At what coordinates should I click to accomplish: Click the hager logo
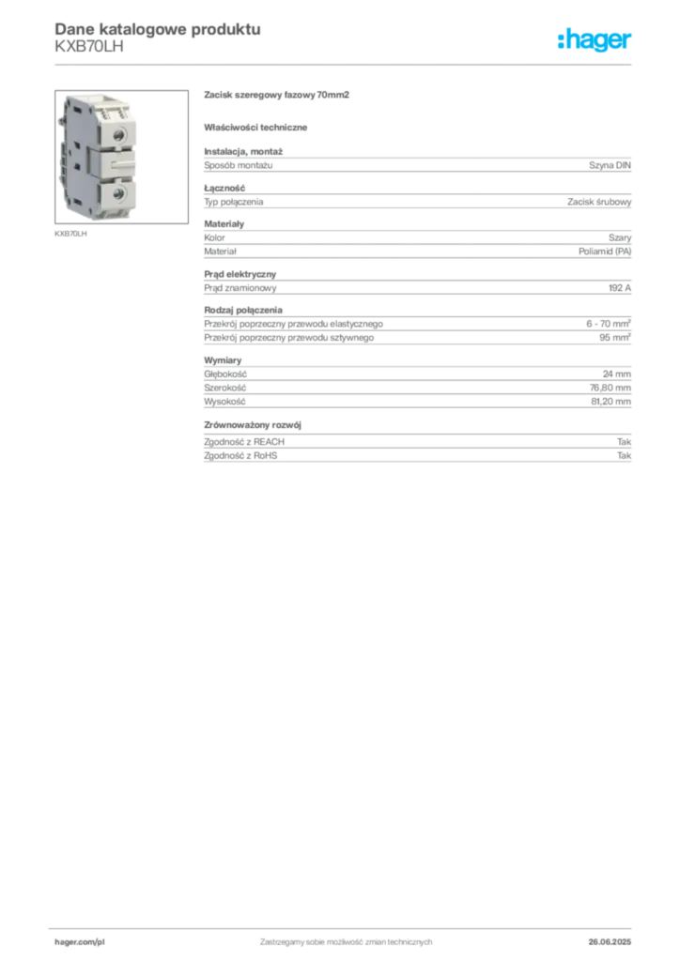595,39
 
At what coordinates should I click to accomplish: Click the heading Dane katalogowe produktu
158,29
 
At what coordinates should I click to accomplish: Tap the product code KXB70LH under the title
89,47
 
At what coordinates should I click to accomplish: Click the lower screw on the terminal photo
119,194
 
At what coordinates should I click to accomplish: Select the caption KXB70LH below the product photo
70,234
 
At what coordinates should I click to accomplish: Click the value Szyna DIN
610,165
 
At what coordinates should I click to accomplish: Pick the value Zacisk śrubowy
599,202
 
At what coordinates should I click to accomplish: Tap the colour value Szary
620,237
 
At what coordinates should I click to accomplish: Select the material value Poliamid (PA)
605,252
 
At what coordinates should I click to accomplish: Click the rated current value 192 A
620,287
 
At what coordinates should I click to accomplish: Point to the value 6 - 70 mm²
609,324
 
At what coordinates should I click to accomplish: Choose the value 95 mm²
615,337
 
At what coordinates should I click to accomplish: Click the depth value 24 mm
617,374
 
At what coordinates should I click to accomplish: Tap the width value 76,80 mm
610,388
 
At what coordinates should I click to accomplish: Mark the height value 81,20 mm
611,402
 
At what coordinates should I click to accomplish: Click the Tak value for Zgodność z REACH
625,441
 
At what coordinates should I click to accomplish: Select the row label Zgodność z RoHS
240,455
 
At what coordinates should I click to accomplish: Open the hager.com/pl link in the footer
80,942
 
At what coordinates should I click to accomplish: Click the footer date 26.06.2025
610,942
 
